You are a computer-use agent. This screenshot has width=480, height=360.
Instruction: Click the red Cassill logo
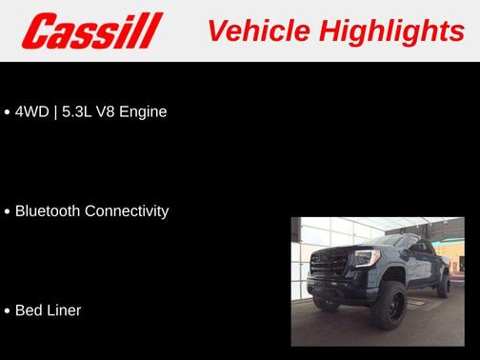pyautogui.click(x=93, y=30)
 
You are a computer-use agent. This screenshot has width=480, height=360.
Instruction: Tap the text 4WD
pyautogui.click(x=33, y=111)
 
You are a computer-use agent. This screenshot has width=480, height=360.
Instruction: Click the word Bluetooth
pyautogui.click(x=49, y=210)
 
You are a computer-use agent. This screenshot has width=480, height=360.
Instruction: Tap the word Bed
pyautogui.click(x=30, y=310)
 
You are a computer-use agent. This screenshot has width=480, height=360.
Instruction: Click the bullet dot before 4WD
pyautogui.click(x=8, y=112)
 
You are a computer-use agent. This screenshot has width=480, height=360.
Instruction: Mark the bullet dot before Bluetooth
pyautogui.click(x=8, y=211)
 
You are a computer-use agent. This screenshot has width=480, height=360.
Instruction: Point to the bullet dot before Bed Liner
pyautogui.click(x=8, y=311)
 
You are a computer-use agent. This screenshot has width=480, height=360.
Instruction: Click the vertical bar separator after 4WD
pyautogui.click(x=56, y=111)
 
